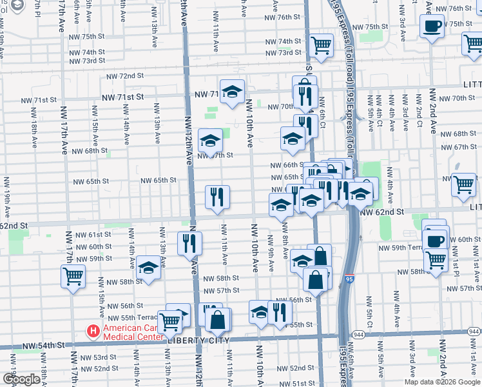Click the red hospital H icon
point(93,332)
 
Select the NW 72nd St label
point(124,75)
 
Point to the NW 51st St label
point(300,383)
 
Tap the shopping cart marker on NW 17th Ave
point(73,277)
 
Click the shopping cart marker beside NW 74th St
point(320,45)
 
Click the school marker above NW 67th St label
point(210,141)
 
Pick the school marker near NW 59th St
point(148,268)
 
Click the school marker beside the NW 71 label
point(232,92)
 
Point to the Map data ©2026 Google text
point(443,382)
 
